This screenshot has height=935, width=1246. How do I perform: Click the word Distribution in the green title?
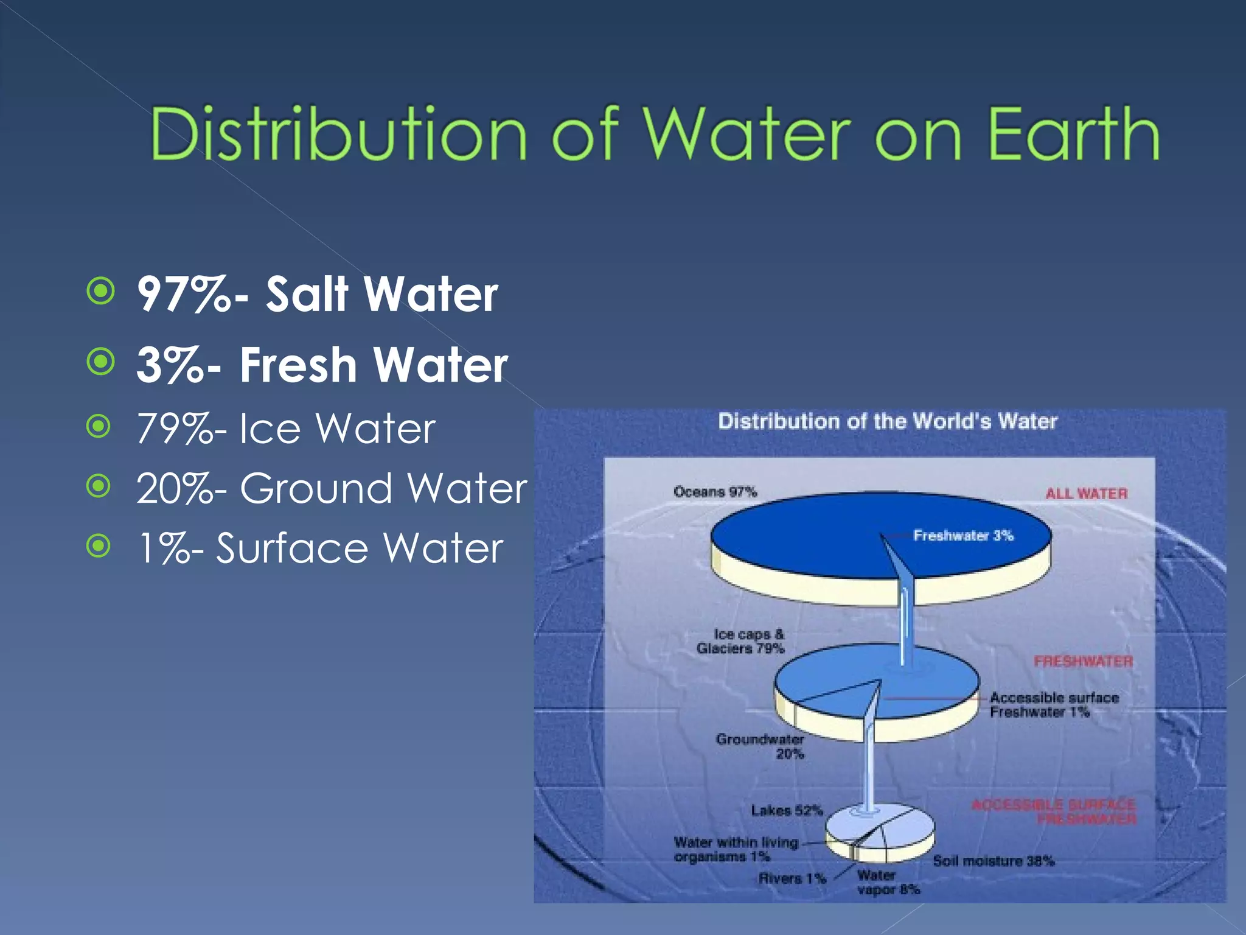point(338,134)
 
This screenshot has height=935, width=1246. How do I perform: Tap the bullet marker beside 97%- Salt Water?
point(100,291)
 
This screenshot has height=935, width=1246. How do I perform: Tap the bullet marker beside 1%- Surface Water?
point(99,546)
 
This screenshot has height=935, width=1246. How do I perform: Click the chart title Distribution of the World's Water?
point(888,421)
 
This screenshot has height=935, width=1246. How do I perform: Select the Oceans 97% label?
point(715,492)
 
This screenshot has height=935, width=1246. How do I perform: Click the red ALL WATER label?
point(1087,494)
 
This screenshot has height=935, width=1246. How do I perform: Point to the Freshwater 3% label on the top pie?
point(963,536)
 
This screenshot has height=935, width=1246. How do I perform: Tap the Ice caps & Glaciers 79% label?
point(742,642)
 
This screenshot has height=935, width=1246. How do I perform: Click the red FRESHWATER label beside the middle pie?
point(1083,661)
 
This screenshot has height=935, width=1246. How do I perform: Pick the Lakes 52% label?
point(787,810)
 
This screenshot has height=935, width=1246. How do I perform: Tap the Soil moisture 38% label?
point(994,861)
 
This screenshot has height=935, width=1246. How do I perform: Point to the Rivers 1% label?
point(792,878)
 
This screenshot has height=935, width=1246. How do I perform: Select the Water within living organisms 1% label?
point(735,849)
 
